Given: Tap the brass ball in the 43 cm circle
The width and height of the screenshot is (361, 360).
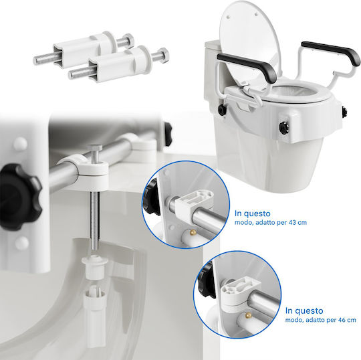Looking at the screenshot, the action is [x=193, y=232].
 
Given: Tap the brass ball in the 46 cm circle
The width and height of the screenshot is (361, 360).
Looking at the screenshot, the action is [x=248, y=316].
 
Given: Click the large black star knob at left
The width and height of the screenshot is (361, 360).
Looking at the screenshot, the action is [x=19, y=197].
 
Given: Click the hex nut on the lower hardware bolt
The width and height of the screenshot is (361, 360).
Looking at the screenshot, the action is [x=163, y=55].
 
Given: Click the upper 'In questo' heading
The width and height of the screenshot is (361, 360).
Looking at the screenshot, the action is [x=252, y=213].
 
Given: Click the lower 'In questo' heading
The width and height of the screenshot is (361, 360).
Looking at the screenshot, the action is [x=304, y=310].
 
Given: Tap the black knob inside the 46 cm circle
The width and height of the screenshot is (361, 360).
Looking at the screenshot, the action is [x=206, y=280].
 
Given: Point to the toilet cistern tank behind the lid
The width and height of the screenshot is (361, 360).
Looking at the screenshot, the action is [x=212, y=69].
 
